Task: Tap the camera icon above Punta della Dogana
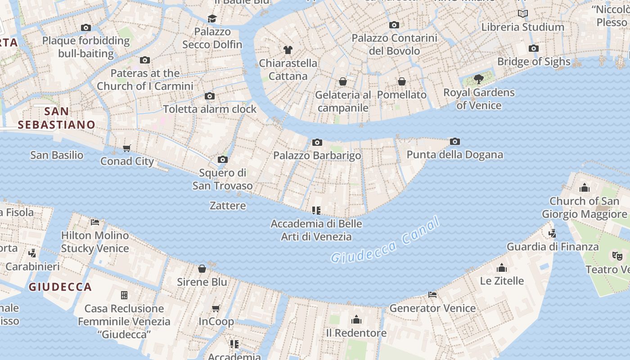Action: (x=454, y=142)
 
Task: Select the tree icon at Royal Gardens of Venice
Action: (x=479, y=80)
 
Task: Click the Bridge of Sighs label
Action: (x=534, y=62)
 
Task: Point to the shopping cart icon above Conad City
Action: (x=127, y=148)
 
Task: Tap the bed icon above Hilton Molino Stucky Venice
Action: (x=94, y=222)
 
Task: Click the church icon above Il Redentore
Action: (x=356, y=319)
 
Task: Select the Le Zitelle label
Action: (x=502, y=281)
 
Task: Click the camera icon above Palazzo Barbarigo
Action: (x=317, y=143)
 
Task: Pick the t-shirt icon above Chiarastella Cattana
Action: (x=288, y=49)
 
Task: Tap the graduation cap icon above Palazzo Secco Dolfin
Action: (x=212, y=18)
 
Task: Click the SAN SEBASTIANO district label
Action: (x=57, y=118)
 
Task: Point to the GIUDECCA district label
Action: (x=60, y=287)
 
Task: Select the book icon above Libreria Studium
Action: (x=522, y=14)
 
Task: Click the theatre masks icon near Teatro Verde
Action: (x=617, y=256)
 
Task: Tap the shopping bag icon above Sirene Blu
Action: (x=202, y=269)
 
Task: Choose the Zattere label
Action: (x=228, y=206)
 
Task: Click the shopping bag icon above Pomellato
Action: (x=402, y=81)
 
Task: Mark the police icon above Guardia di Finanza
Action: (x=552, y=233)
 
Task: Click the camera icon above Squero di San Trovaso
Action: (x=222, y=159)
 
